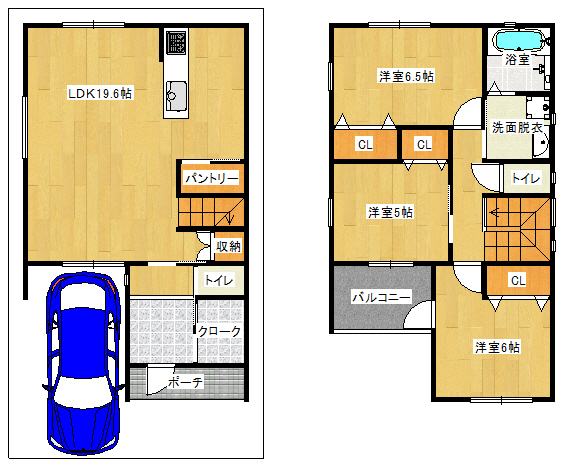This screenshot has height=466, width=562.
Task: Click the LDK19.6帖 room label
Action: click(100, 94)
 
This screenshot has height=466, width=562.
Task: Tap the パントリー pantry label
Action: click(211, 178)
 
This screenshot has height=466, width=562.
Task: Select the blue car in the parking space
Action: click(83, 363)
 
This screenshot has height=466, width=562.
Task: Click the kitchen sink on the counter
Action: click(176, 96)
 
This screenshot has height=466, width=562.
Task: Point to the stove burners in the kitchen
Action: click(176, 42)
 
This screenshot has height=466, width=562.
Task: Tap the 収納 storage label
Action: click(228, 246)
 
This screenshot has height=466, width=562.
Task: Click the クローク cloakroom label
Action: click(219, 332)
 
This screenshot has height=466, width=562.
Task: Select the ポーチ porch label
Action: click(185, 382)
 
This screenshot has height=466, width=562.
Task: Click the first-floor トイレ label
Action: click(219, 280)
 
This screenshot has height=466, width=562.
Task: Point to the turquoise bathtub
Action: click(519, 40)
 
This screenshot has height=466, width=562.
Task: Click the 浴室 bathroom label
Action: click(517, 60)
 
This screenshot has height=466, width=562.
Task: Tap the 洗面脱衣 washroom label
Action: click(517, 127)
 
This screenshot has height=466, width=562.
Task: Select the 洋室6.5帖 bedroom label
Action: click(406, 76)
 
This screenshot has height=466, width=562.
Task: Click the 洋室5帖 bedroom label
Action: click(390, 212)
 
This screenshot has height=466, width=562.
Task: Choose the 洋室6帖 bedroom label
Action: click(497, 347)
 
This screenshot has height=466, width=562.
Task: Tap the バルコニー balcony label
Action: click(381, 298)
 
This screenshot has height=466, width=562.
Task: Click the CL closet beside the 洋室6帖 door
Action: click(518, 280)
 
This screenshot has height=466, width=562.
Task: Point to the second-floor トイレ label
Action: click(526, 178)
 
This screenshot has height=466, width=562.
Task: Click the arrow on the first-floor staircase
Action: click(230, 217)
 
